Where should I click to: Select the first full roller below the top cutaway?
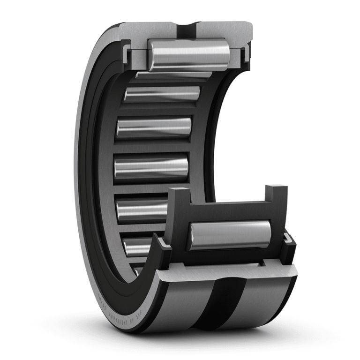162,94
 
